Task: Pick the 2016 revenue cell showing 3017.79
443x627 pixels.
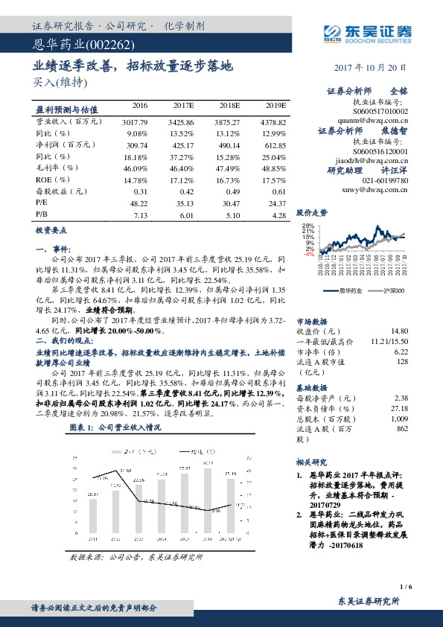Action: click(x=134, y=120)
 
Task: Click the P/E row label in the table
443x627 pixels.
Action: click(x=41, y=201)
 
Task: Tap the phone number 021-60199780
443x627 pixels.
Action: click(x=385, y=181)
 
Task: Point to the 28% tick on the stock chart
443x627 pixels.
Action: click(x=308, y=226)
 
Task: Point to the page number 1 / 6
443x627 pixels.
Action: click(x=405, y=587)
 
